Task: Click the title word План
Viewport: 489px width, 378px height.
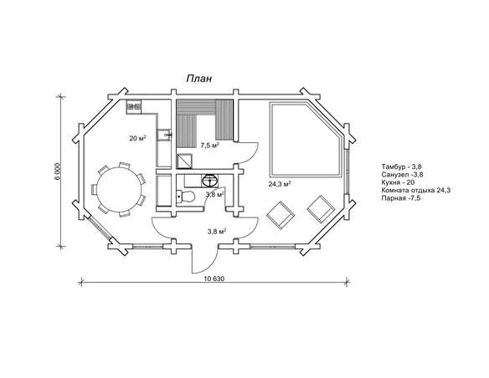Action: click(x=199, y=79)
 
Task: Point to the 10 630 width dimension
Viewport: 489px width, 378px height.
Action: click(x=214, y=278)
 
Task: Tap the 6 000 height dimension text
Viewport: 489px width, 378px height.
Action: click(x=58, y=171)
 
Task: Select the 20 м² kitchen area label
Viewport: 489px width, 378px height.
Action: click(x=138, y=138)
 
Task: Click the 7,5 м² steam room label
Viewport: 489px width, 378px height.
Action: click(x=210, y=146)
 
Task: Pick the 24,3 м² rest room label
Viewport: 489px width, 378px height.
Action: click(x=280, y=184)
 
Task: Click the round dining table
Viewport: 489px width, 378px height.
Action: click(x=120, y=189)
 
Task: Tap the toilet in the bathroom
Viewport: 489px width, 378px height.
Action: click(x=186, y=197)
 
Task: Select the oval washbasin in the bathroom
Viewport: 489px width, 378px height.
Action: click(x=209, y=181)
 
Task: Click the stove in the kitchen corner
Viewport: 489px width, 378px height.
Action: click(x=134, y=107)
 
